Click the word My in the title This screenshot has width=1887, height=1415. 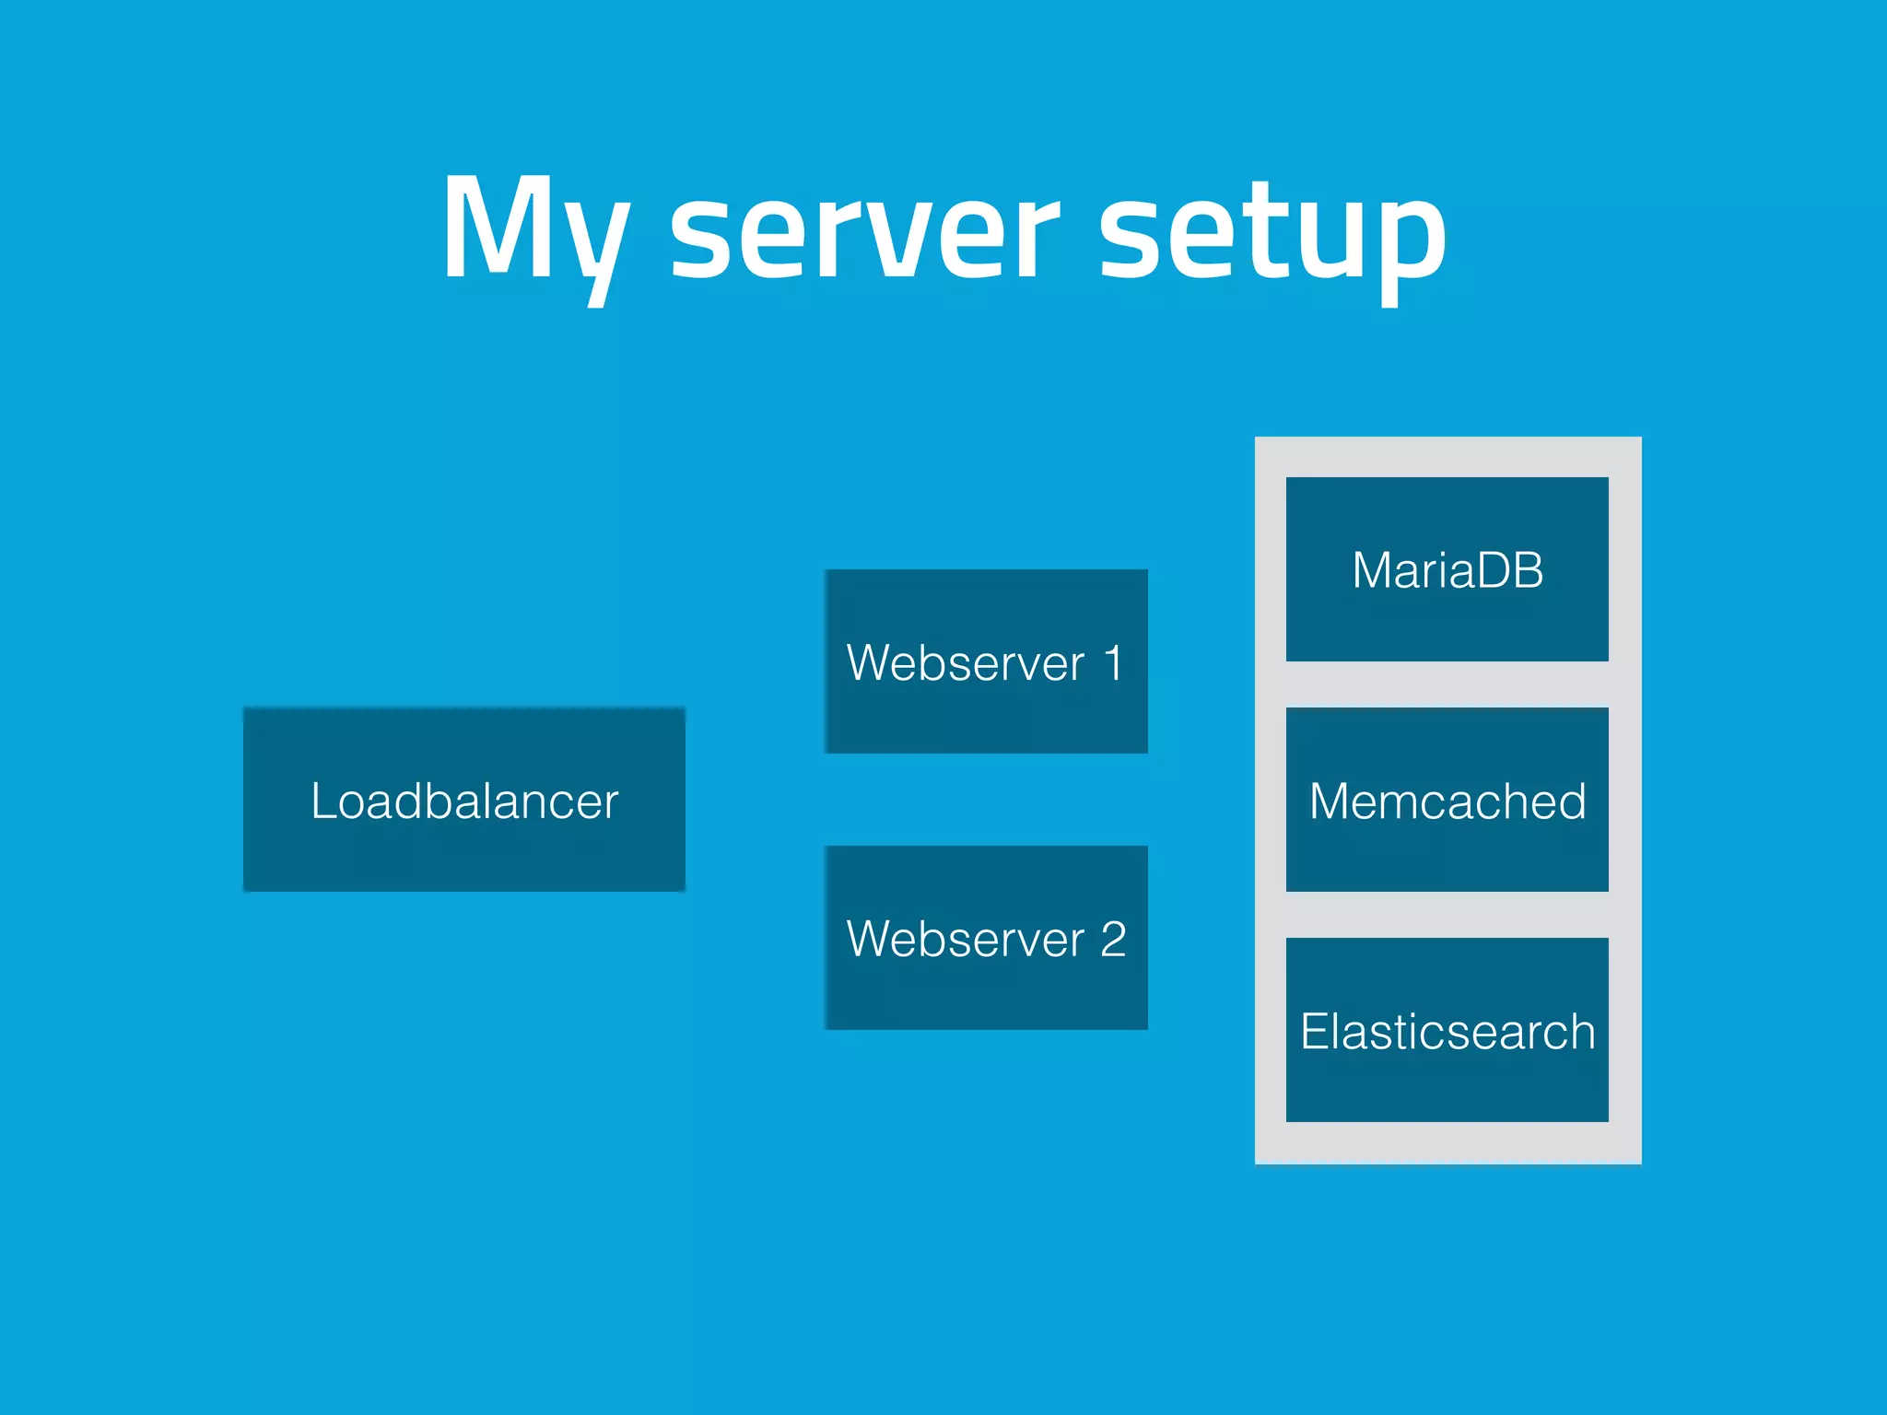(x=534, y=230)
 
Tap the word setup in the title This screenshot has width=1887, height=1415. (x=1272, y=235)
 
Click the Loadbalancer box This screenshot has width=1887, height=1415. (x=463, y=857)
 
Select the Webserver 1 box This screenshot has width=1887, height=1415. (x=986, y=719)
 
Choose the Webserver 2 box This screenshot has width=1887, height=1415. (x=986, y=995)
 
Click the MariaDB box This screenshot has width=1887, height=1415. (x=1447, y=626)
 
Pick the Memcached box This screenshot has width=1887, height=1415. (x=1447, y=857)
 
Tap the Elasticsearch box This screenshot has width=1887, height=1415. (x=1447, y=1087)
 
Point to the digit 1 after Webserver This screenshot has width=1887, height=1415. (x=1113, y=663)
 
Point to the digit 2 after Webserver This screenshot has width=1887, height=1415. (x=1113, y=940)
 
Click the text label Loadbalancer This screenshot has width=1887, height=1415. (x=463, y=801)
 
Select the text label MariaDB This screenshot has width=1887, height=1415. (x=1447, y=570)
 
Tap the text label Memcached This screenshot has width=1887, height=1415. (x=1447, y=801)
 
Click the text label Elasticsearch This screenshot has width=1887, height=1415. (x=1447, y=1032)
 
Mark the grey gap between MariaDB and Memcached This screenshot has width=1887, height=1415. (x=1447, y=684)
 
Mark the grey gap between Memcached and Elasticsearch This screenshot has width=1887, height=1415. (x=1447, y=915)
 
